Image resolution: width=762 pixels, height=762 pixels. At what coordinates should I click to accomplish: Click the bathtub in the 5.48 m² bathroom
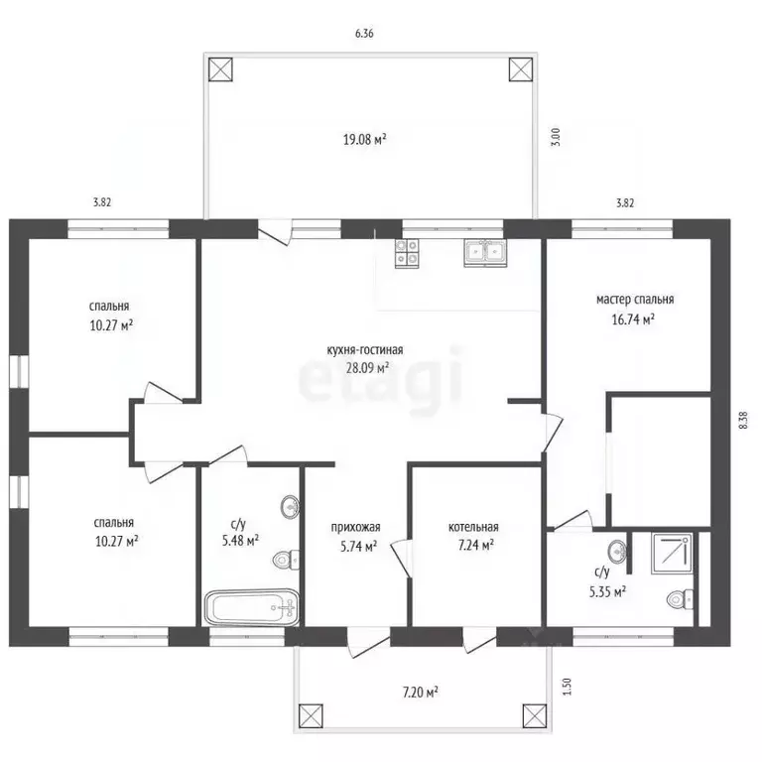pyautogui.click(x=252, y=607)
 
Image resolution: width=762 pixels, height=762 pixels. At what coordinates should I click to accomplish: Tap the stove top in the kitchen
pyautogui.click(x=407, y=253)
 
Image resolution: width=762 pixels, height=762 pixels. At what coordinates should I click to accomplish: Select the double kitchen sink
pyautogui.click(x=485, y=253)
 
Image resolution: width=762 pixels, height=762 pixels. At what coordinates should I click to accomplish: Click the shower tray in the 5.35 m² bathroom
pyautogui.click(x=672, y=554)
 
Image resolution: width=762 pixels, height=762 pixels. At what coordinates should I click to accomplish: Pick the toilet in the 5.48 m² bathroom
pyautogui.click(x=286, y=561)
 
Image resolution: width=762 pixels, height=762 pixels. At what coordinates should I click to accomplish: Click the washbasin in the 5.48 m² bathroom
pyautogui.click(x=290, y=507)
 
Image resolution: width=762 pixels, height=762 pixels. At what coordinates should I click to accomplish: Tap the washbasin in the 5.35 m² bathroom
pyautogui.click(x=617, y=551)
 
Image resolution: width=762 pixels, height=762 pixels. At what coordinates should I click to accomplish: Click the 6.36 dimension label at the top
pyautogui.click(x=364, y=34)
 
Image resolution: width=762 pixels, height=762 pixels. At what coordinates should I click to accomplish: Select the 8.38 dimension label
pyautogui.click(x=743, y=420)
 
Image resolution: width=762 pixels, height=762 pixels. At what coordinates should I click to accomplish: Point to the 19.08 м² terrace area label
pyautogui.click(x=365, y=140)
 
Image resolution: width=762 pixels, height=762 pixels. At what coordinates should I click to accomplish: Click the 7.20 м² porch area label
pyautogui.click(x=421, y=691)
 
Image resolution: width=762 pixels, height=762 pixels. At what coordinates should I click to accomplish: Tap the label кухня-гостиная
pyautogui.click(x=365, y=349)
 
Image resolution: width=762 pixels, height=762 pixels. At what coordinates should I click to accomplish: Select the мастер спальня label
pyautogui.click(x=635, y=299)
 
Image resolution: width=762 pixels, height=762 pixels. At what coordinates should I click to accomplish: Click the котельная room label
pyautogui.click(x=473, y=527)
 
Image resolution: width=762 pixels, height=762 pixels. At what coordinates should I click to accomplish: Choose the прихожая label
pyautogui.click(x=356, y=527)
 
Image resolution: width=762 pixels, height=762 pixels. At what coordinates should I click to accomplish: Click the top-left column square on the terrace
pyautogui.click(x=220, y=69)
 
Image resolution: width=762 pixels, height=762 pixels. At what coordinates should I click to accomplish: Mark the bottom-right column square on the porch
pyautogui.click(x=535, y=716)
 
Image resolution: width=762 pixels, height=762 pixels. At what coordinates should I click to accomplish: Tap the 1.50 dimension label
pyautogui.click(x=568, y=687)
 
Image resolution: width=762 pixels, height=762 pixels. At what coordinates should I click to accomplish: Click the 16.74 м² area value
pyautogui.click(x=633, y=319)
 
